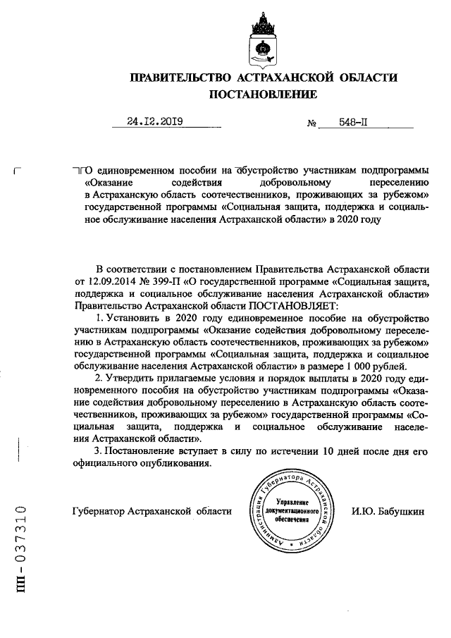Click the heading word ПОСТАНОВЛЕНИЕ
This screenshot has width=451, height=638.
tap(262, 94)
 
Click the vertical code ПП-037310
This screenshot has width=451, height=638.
tap(20, 549)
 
